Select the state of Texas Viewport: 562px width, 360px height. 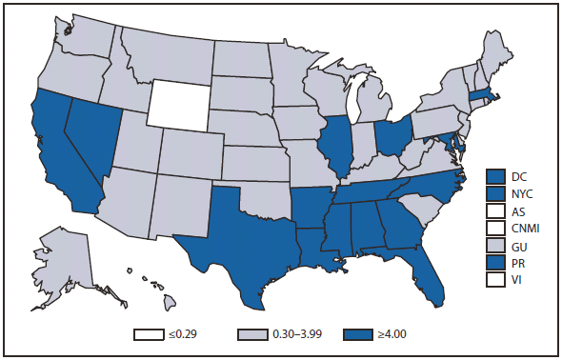tap(238, 238)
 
